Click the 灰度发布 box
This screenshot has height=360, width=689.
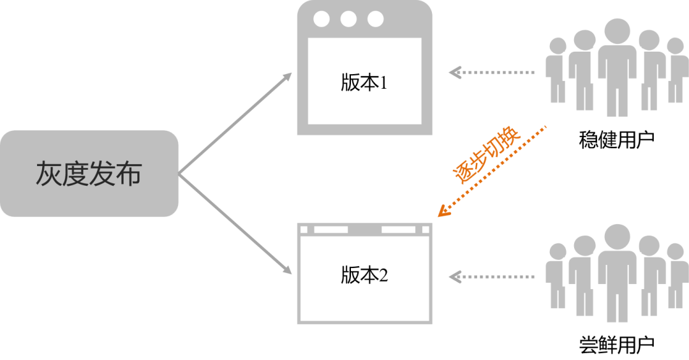(x=89, y=174)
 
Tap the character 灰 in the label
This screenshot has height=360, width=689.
(x=48, y=174)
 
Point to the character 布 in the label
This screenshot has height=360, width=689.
(x=129, y=174)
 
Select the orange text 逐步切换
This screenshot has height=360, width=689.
(x=486, y=156)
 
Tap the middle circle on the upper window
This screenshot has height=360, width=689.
(x=348, y=19)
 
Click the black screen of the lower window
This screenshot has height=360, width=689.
(x=364, y=278)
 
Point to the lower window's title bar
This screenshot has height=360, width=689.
(x=364, y=229)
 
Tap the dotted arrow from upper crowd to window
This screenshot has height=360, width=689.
(x=491, y=73)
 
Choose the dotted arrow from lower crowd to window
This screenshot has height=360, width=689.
(x=491, y=277)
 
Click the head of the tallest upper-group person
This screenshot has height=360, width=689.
(x=617, y=31)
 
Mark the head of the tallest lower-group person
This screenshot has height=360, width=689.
(x=617, y=236)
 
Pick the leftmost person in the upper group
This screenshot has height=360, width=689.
(x=557, y=70)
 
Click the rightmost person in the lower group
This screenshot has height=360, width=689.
(x=675, y=274)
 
